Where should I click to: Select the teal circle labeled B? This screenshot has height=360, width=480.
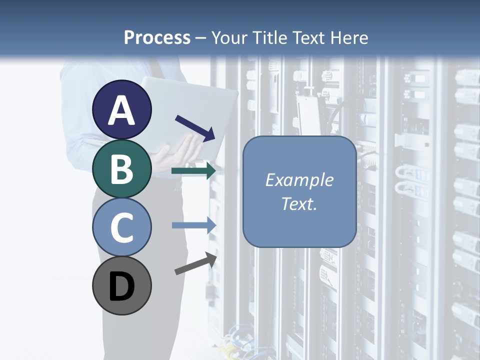122,168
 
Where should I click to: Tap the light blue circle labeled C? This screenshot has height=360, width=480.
122,226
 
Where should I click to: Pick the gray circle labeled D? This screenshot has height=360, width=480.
122,285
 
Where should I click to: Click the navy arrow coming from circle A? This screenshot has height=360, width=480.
195,127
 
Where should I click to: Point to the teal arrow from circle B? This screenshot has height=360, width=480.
193,171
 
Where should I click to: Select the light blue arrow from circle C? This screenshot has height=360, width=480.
194,225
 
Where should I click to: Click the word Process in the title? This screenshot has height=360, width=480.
157,38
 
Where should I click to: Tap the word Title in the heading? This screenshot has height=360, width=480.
270,38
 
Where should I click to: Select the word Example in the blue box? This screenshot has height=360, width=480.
299,180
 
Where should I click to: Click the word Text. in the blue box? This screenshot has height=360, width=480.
299,203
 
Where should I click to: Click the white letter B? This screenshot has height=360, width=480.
122,169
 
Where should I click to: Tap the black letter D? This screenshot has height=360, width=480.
122,286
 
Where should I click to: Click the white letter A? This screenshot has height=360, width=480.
122,110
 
